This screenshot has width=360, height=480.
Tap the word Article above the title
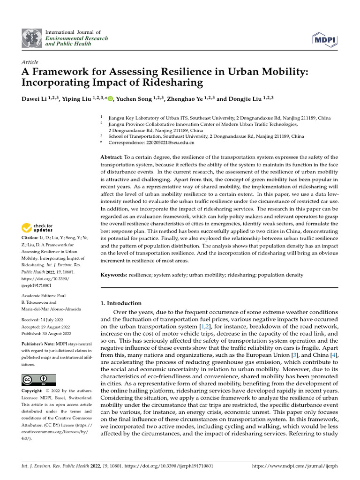coord(30,62)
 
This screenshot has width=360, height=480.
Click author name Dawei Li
coord(35,99)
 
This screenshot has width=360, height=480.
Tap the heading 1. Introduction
coord(121,303)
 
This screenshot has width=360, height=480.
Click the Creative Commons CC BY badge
coord(38,380)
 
